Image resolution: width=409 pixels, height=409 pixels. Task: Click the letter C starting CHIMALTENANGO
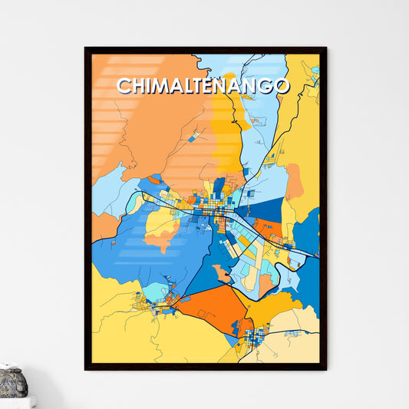click(x=123, y=86)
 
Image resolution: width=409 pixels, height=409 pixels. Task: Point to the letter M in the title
click(x=158, y=86)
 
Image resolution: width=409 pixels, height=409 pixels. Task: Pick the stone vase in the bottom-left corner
click(x=12, y=381)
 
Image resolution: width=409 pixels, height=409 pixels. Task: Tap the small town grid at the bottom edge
click(x=256, y=335)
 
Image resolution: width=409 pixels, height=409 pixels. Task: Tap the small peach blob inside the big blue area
click(x=223, y=272)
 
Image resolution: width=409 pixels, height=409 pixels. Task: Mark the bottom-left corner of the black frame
click(x=86, y=369)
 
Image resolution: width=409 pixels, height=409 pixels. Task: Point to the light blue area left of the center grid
click(x=107, y=192)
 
